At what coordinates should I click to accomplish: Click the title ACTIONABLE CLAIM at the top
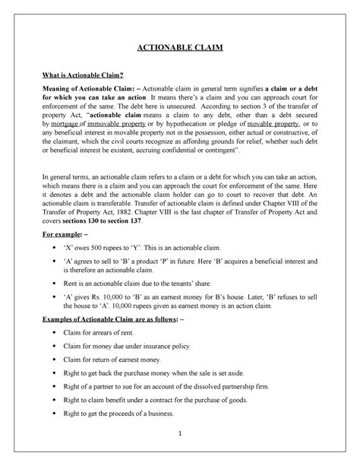point(180,47)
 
